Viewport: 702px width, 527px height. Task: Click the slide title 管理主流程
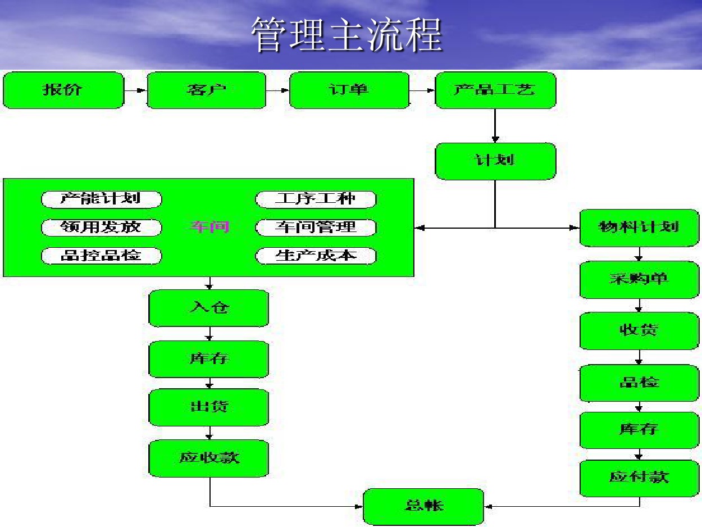point(347,35)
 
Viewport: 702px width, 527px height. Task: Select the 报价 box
point(63,90)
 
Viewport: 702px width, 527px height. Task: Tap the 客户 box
point(206,90)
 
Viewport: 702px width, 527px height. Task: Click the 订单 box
point(349,90)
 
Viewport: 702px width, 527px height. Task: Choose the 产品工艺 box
point(495,90)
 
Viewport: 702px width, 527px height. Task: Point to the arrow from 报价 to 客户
point(135,90)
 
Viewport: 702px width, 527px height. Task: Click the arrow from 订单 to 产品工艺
point(422,90)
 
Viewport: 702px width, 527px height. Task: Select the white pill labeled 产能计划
point(102,199)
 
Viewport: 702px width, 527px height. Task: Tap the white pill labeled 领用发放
point(102,228)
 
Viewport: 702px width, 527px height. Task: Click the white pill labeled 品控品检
point(102,256)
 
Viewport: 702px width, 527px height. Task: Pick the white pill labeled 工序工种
point(316,199)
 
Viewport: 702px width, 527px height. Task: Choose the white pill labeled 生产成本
point(316,256)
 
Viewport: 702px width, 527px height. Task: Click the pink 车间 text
point(209,227)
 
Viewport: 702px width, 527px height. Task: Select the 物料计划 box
point(639,228)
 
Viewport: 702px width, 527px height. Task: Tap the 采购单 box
point(639,280)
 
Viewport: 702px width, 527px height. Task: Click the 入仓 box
point(208,308)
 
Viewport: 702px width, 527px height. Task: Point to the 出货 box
point(208,407)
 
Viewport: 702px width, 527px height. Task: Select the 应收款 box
point(208,458)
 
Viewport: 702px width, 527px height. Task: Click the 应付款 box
point(639,478)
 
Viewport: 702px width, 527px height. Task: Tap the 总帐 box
point(423,507)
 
